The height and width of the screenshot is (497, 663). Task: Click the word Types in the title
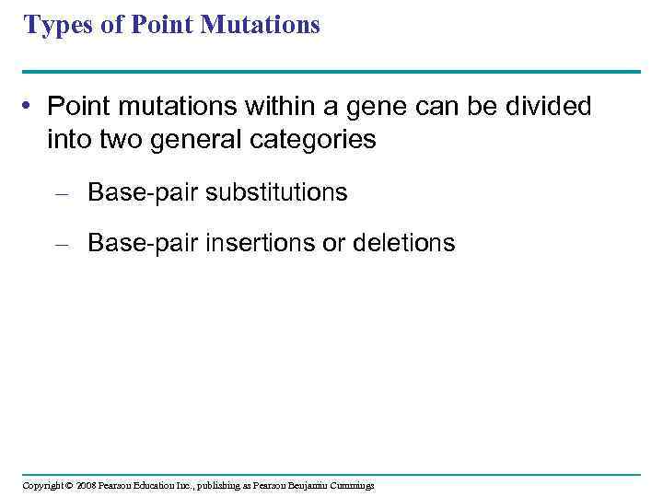pyautogui.click(x=56, y=26)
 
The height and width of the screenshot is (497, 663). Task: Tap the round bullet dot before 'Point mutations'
pyautogui.click(x=30, y=108)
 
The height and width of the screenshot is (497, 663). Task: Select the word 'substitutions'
pyautogui.click(x=276, y=192)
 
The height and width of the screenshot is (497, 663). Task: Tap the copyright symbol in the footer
pyautogui.click(x=68, y=485)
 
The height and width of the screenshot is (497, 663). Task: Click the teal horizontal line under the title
pyautogui.click(x=331, y=71)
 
